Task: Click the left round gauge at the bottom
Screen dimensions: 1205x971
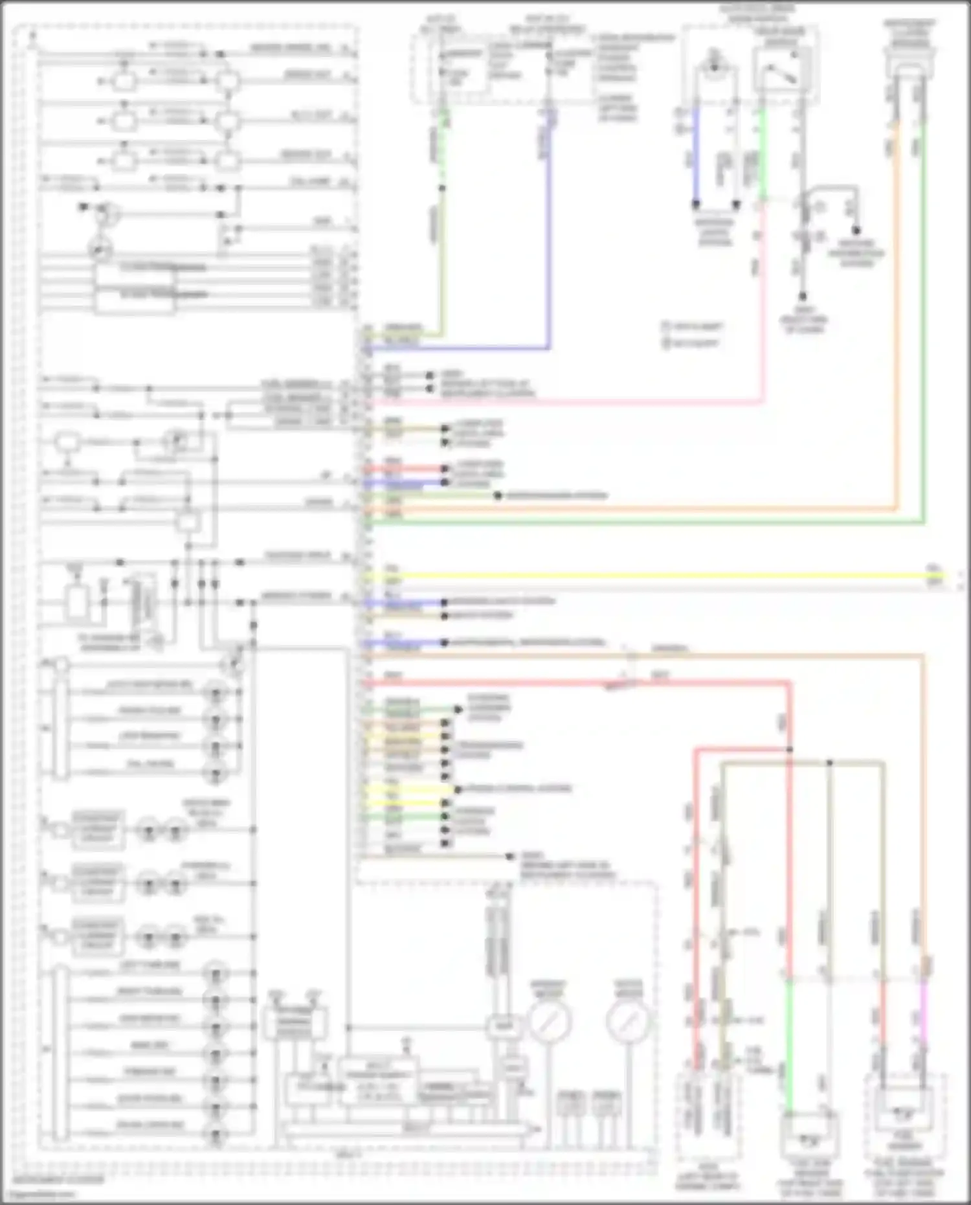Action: (x=550, y=1021)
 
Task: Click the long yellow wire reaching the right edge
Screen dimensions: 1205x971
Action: (x=647, y=575)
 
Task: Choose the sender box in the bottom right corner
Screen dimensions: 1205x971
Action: (x=904, y=1114)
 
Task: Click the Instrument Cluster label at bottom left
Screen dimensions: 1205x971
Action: (x=58, y=1180)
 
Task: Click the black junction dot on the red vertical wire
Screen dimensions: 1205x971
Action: (x=790, y=750)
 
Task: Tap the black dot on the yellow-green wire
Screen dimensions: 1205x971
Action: (x=442, y=188)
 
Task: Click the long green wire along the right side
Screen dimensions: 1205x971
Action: (x=924, y=324)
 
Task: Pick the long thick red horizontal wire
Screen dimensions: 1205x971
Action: (x=576, y=682)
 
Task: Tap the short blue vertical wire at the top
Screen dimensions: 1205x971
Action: (x=697, y=155)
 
